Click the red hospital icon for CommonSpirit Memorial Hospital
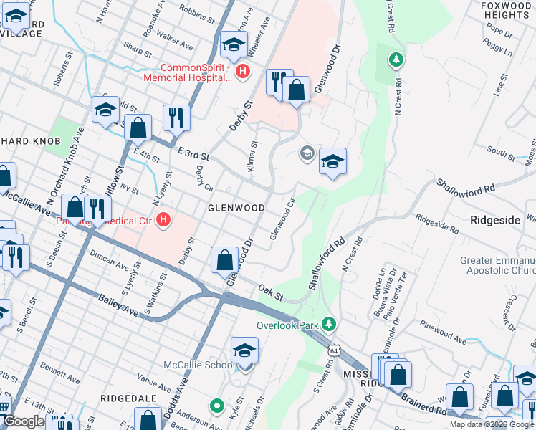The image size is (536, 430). tap(243, 72)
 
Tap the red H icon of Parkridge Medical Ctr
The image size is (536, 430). tap(164, 219)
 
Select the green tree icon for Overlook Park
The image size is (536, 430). tap(329, 325)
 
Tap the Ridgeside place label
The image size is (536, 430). tap(494, 220)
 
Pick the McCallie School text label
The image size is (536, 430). tap(200, 365)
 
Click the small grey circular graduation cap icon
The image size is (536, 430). tap(307, 153)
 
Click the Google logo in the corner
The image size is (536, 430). tap(24, 421)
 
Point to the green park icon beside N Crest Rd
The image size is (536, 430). tap(394, 59)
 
